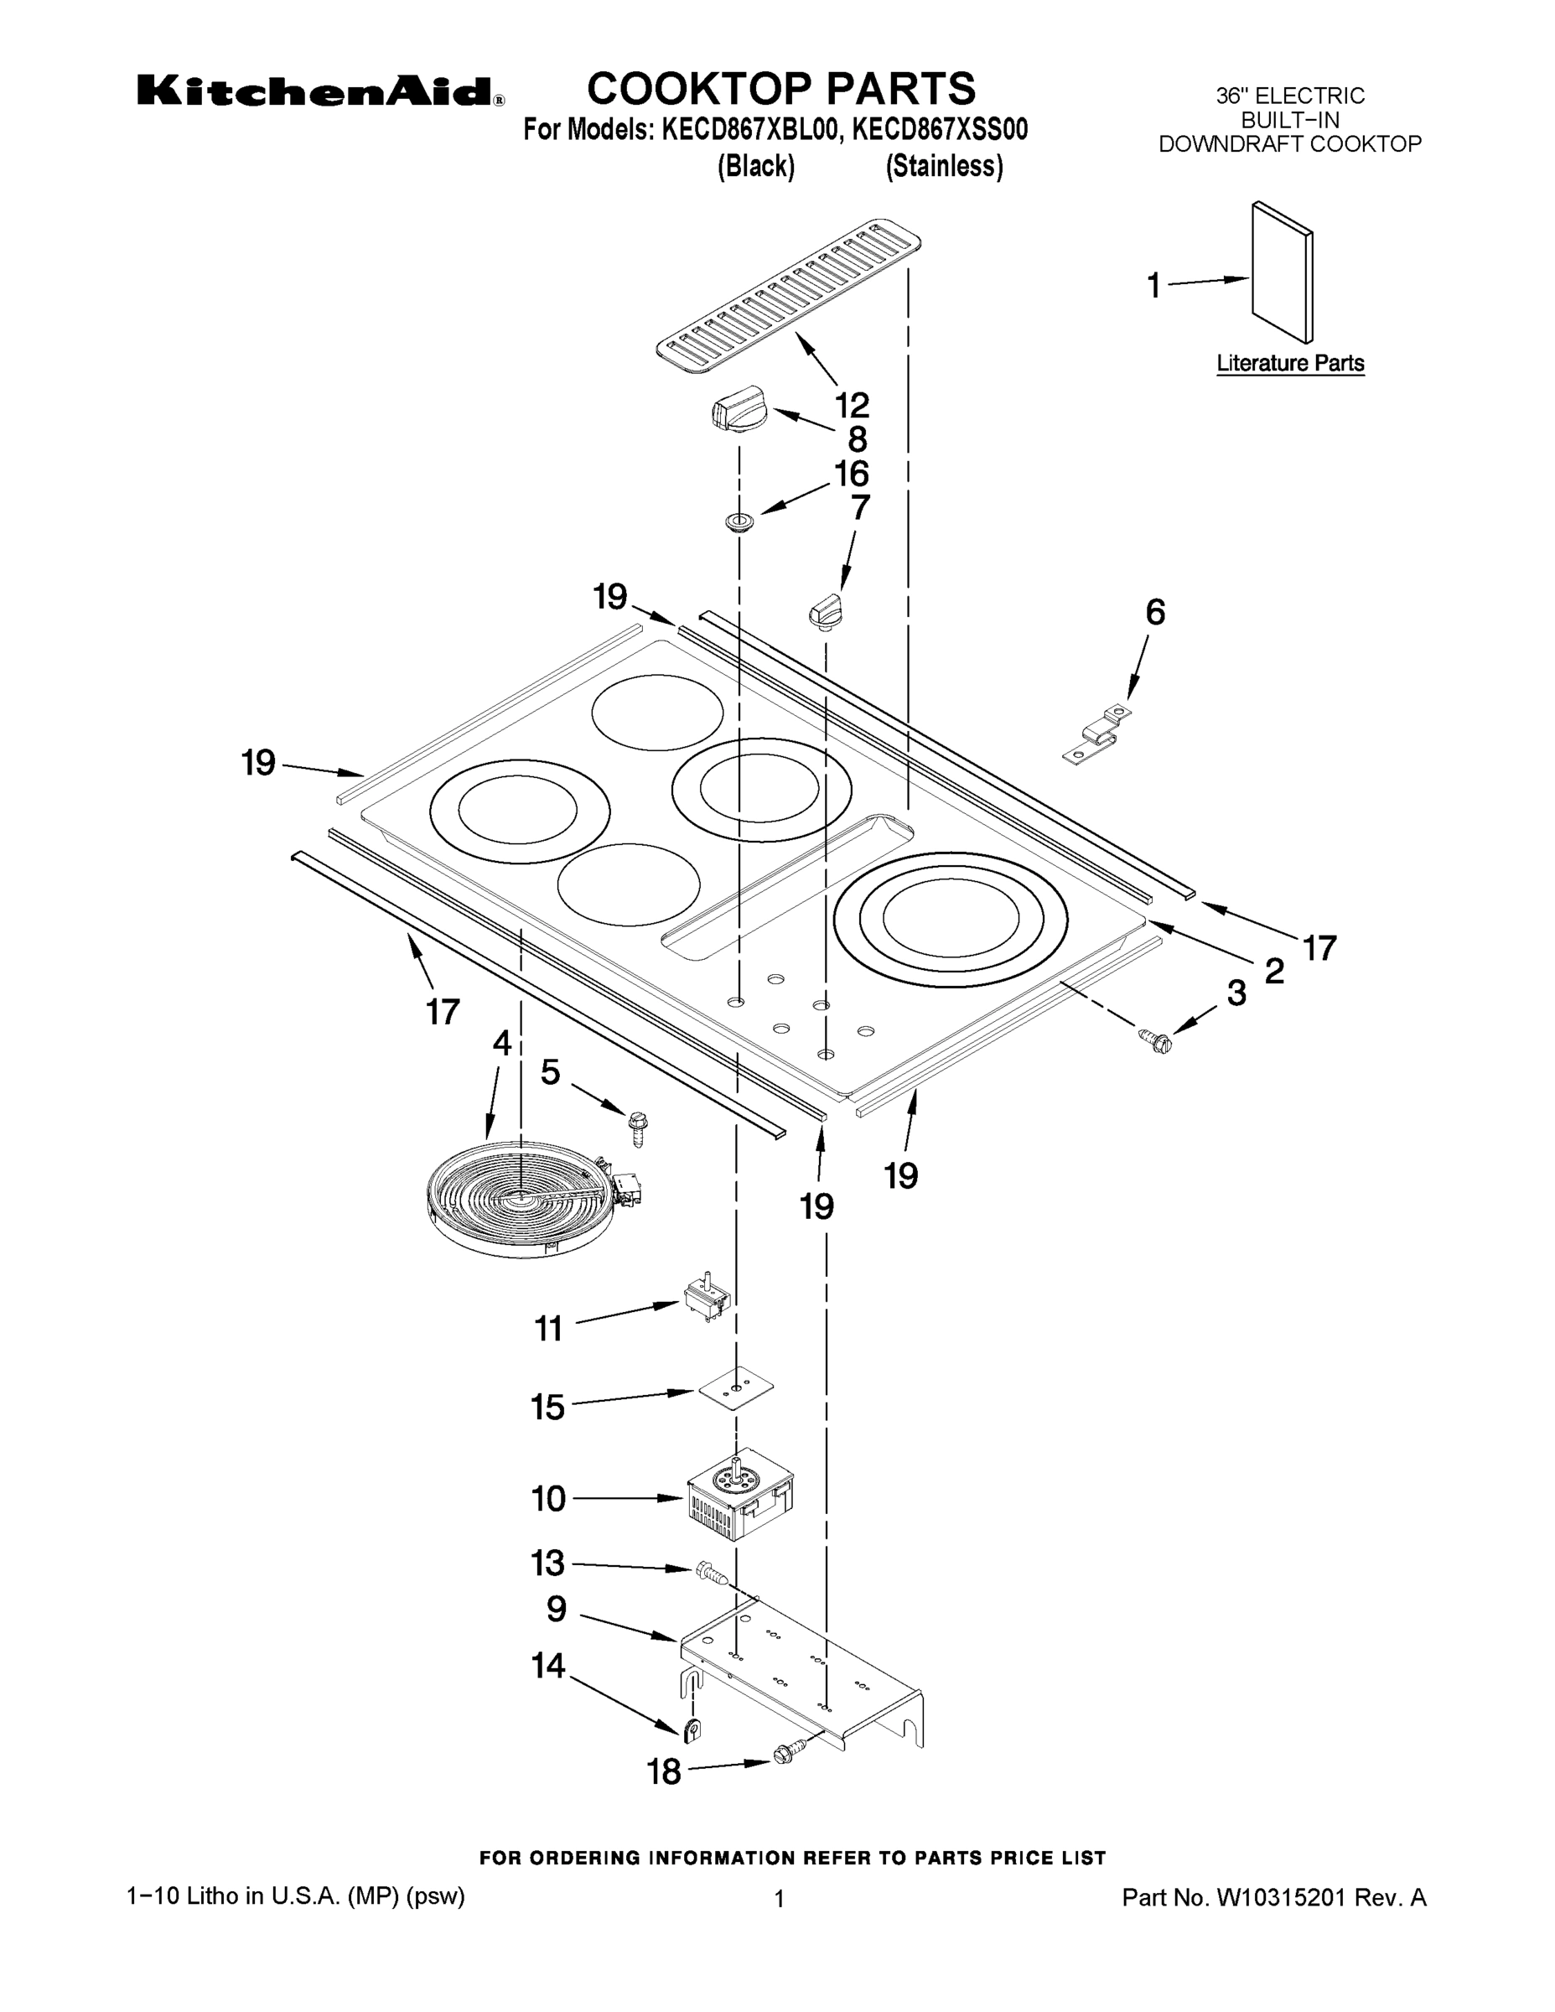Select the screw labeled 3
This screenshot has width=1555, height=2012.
pyautogui.click(x=1155, y=1041)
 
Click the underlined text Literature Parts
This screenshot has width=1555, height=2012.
pyautogui.click(x=1290, y=363)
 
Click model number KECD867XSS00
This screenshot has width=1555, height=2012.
pyautogui.click(x=939, y=130)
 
